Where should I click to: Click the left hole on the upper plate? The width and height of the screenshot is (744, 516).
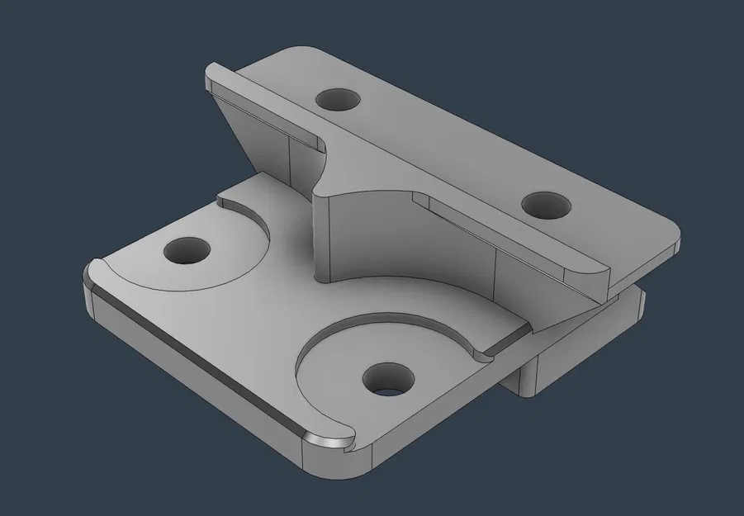(x=338, y=101)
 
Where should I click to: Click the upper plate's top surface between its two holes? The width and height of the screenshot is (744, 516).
(x=438, y=149)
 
